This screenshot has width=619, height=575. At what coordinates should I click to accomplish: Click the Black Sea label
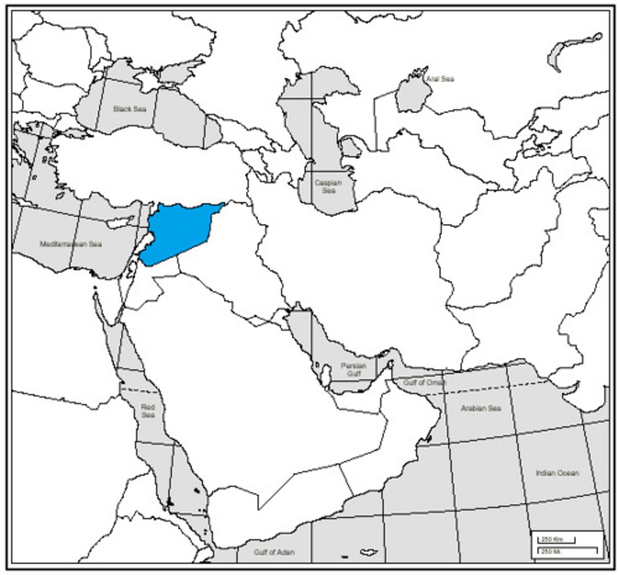tap(129, 109)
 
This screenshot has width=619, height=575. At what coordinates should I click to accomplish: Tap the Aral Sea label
tap(440, 79)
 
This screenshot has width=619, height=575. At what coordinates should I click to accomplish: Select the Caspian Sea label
tap(328, 186)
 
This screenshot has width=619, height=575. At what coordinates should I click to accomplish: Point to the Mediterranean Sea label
tap(71, 244)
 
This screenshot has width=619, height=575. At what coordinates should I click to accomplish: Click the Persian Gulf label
tap(353, 369)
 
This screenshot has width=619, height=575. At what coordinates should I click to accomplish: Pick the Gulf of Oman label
tap(424, 382)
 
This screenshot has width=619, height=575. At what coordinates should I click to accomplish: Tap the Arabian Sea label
tap(481, 408)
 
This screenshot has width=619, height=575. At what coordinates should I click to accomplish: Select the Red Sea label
tap(148, 411)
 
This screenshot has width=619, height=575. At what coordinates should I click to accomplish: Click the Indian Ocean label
tap(557, 473)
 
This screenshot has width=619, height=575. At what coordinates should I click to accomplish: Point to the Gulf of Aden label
tap(274, 552)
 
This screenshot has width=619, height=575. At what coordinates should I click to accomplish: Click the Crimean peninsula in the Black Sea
tap(146, 82)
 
